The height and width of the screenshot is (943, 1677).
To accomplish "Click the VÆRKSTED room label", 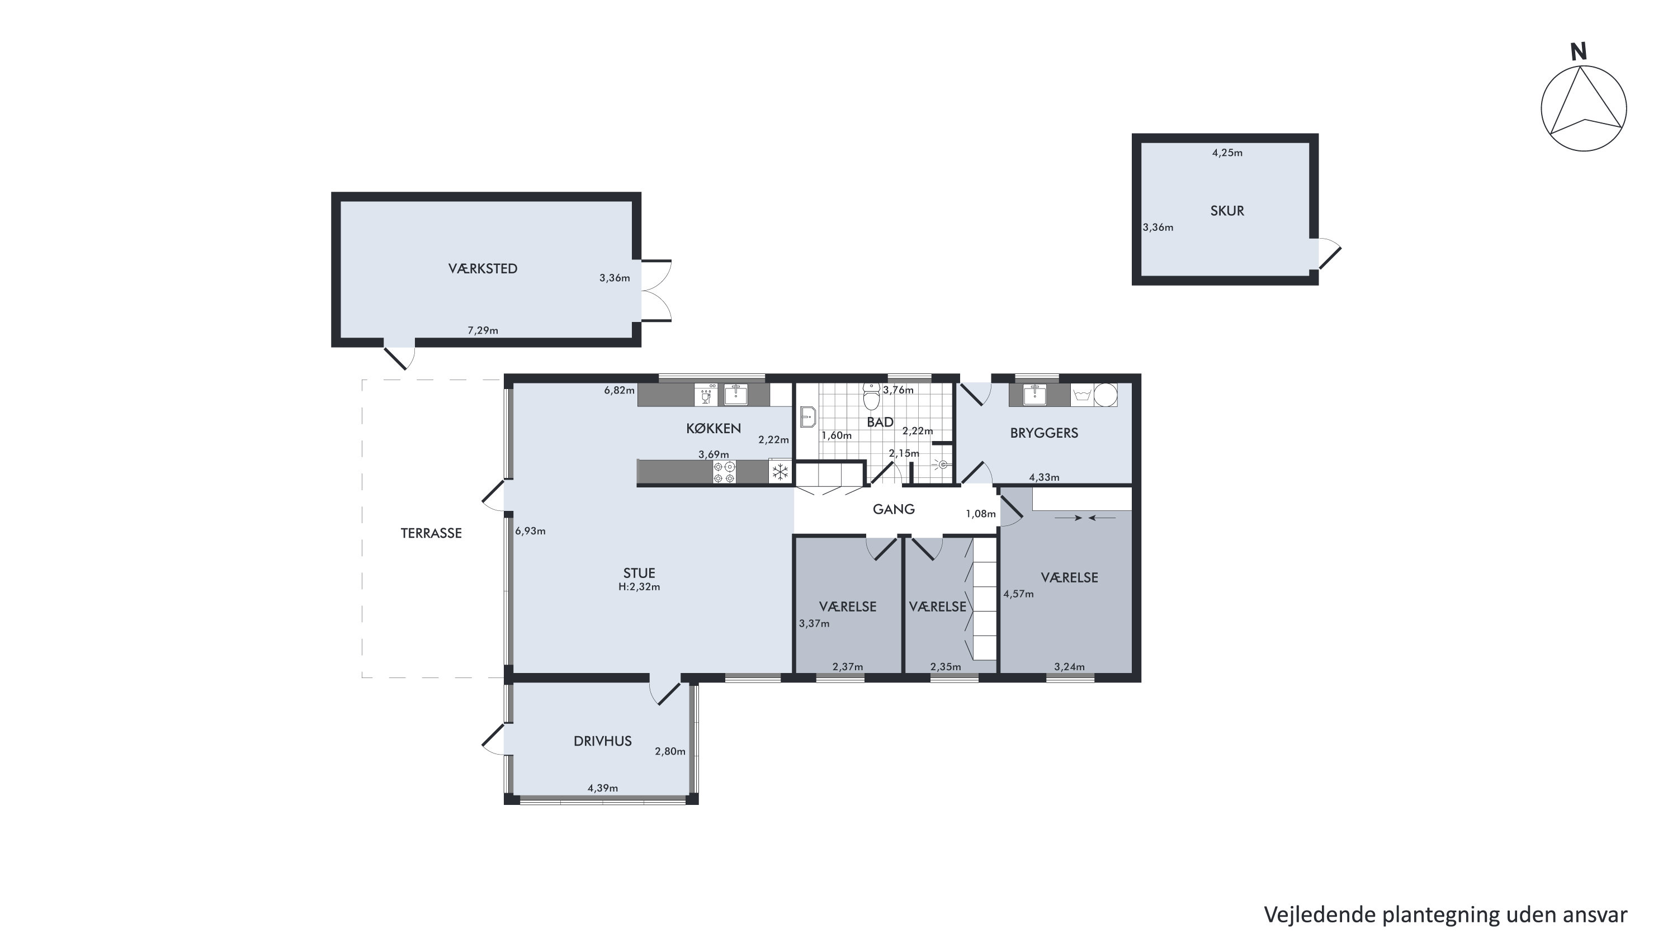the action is point(483,269).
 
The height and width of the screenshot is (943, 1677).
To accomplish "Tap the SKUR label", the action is point(1227,211).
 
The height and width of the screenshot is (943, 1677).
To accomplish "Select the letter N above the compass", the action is point(1579,52).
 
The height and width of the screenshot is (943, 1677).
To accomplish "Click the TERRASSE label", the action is point(431,534).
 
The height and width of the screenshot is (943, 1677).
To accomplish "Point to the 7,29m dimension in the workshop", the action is point(483,330).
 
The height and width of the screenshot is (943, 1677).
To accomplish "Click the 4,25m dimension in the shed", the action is point(1227,153).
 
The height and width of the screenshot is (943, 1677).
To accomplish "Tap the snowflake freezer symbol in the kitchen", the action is point(780,472).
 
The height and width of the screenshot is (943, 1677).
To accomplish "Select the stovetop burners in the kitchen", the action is point(725,472).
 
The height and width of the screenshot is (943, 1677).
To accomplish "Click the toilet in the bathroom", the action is point(871,396).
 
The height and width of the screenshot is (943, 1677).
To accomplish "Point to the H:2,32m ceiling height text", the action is point(639,587).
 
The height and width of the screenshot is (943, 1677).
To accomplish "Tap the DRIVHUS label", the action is point(603,741).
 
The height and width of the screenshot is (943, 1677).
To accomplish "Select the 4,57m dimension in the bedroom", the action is point(1019,594).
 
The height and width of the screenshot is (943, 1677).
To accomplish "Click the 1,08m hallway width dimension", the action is point(981,514).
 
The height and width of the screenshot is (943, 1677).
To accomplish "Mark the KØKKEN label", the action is point(714,428).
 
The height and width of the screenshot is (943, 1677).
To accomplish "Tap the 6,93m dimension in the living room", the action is point(531,531).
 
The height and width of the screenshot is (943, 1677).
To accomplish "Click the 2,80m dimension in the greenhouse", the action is point(670,752).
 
